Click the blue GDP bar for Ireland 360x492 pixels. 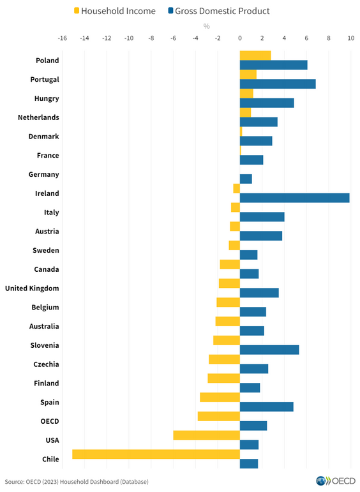294,198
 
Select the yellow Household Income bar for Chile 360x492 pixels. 156,454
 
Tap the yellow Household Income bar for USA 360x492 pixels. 206,435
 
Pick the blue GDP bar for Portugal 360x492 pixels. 278,84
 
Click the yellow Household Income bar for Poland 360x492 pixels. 255,56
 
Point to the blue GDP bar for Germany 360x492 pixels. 246,179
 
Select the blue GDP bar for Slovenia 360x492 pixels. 269,350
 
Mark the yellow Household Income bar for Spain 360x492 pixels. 220,398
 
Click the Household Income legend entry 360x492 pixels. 115,11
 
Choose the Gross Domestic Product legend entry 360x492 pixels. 219,11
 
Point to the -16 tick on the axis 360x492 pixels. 63,38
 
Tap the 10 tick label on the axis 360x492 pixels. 350,38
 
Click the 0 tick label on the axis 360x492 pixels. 240,38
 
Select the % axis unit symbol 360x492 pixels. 206,26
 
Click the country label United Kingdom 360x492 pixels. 32,288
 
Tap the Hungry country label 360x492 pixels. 47,98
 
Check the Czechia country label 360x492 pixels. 46,364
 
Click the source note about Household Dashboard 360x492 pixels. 80,481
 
